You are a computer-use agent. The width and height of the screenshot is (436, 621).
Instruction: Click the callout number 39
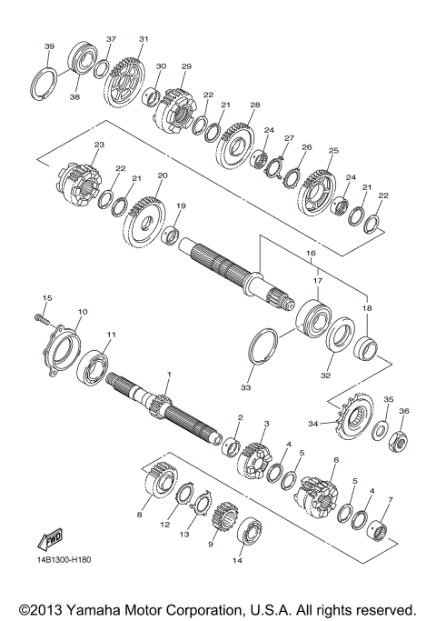point(49,46)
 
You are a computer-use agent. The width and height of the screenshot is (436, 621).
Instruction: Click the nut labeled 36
point(397,442)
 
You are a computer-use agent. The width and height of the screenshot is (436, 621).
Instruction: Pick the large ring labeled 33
point(263,346)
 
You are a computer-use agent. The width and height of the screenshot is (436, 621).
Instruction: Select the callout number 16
point(311,254)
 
